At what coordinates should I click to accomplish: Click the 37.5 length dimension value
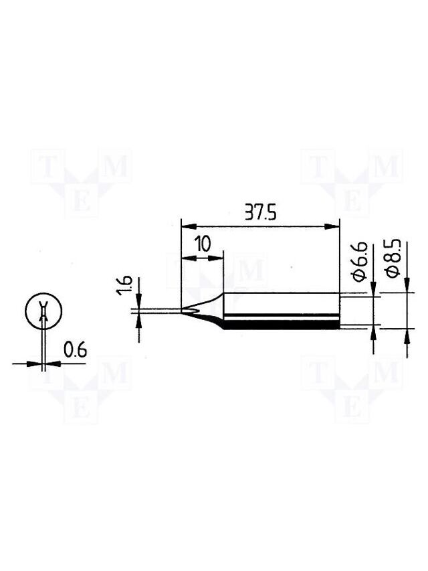click(260, 212)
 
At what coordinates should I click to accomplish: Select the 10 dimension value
click(203, 244)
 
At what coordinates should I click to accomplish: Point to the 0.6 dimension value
click(75, 350)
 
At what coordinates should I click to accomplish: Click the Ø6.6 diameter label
click(360, 262)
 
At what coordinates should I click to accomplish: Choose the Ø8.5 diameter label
click(393, 259)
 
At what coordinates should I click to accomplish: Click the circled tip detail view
click(43, 311)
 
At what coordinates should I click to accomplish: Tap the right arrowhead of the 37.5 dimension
click(332, 226)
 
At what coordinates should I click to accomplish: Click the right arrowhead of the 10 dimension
click(216, 258)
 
